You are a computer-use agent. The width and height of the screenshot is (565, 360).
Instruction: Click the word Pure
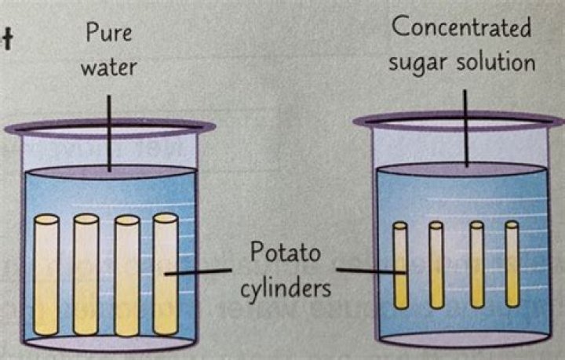[109, 33]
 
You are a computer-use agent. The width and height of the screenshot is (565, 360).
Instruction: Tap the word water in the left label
[109, 67]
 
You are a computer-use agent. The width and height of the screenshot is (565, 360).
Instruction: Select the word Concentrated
[461, 27]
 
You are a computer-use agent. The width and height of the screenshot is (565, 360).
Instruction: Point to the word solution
[496, 61]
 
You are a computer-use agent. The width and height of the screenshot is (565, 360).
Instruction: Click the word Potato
[285, 252]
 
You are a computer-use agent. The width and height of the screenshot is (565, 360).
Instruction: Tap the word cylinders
[286, 289]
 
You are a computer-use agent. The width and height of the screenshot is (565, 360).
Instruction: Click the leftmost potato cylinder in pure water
[46, 275]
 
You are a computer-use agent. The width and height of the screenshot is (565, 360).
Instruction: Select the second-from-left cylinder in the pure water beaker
[86, 275]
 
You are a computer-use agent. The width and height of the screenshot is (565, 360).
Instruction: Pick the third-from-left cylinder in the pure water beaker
[127, 276]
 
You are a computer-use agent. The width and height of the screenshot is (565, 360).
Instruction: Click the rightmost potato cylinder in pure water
[166, 274]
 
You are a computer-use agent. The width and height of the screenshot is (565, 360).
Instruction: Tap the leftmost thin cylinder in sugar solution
[400, 265]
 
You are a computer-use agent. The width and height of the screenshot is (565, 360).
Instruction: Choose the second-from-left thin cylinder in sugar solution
[436, 265]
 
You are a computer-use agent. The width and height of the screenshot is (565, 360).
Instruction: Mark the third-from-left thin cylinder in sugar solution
[477, 265]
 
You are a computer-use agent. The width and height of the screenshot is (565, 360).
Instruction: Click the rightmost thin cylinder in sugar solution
[512, 264]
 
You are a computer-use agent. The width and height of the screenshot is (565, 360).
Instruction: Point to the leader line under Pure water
[109, 133]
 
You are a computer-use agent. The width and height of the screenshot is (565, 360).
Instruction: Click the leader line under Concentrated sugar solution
[465, 128]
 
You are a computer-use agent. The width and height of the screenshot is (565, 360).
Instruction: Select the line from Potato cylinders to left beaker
[198, 272]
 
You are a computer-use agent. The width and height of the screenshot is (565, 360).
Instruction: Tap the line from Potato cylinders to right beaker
[371, 271]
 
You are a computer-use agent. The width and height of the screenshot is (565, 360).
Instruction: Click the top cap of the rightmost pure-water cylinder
[166, 218]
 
